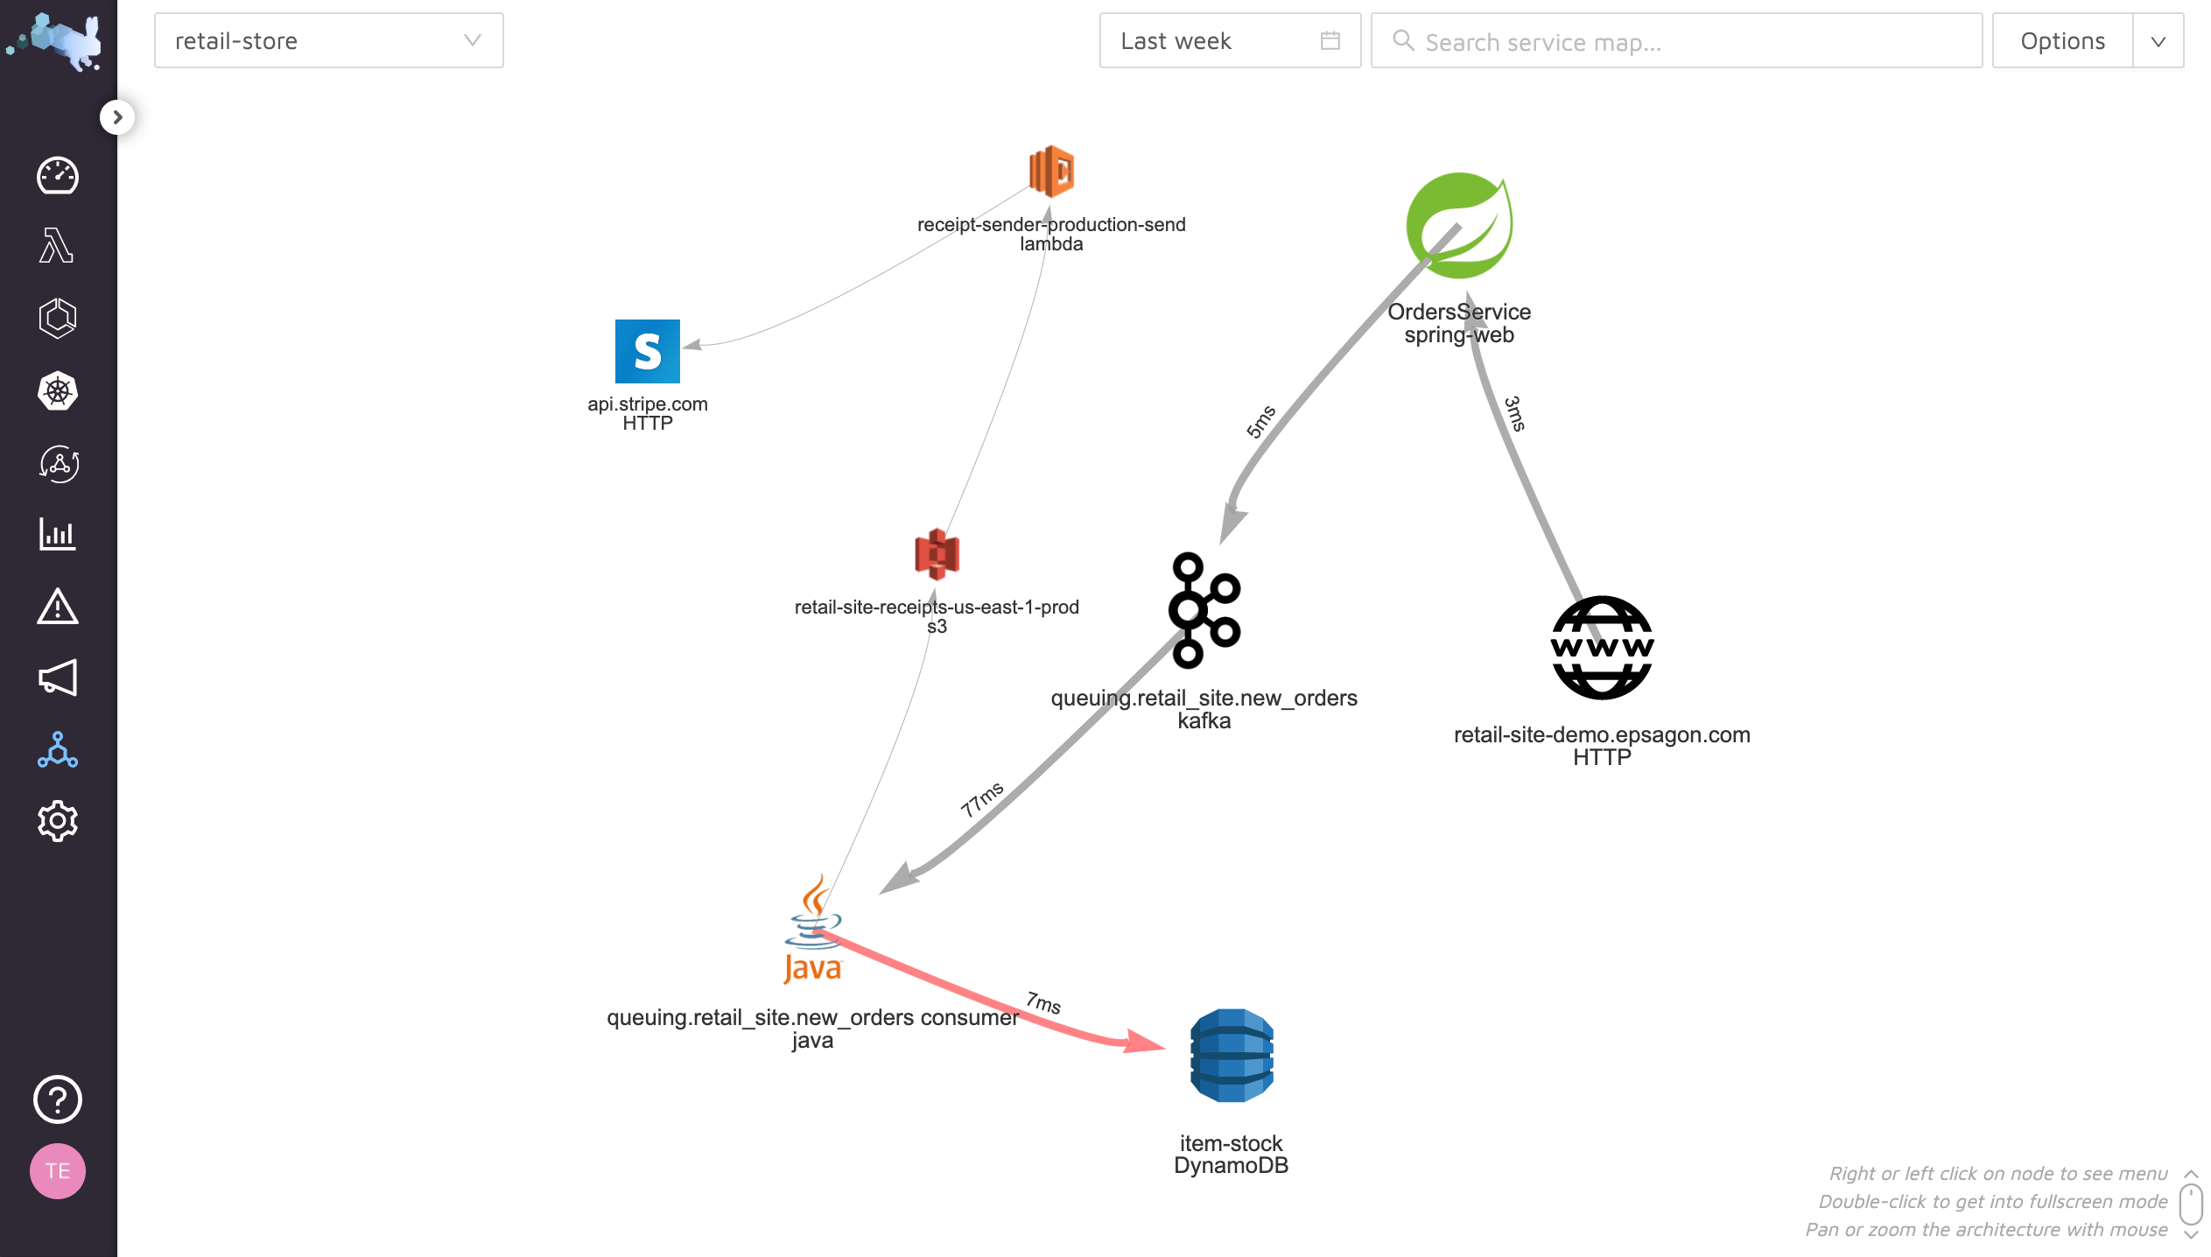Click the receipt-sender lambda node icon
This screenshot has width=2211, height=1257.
[x=1051, y=172]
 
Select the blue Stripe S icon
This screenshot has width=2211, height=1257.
[x=648, y=351]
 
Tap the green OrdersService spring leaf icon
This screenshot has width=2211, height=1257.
[x=1459, y=226]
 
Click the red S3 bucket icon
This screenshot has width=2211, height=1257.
[x=937, y=554]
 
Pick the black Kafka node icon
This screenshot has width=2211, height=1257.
[x=1204, y=610]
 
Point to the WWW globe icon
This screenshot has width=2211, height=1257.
[x=1602, y=648]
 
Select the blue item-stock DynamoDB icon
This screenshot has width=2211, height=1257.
[x=1232, y=1056]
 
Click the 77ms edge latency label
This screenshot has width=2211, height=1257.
[x=982, y=799]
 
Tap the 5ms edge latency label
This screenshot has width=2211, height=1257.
[x=1260, y=422]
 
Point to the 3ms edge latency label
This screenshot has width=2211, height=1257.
[x=1515, y=413]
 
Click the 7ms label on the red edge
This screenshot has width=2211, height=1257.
[x=1043, y=1002]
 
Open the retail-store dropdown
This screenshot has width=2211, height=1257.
[x=329, y=41]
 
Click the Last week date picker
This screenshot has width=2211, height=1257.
[x=1230, y=41]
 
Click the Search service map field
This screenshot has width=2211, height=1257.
[x=1676, y=41]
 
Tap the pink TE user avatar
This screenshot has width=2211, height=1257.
[x=58, y=1171]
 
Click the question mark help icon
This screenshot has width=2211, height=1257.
[x=58, y=1099]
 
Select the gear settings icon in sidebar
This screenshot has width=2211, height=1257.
[x=58, y=821]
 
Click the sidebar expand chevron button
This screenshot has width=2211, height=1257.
[x=117, y=117]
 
